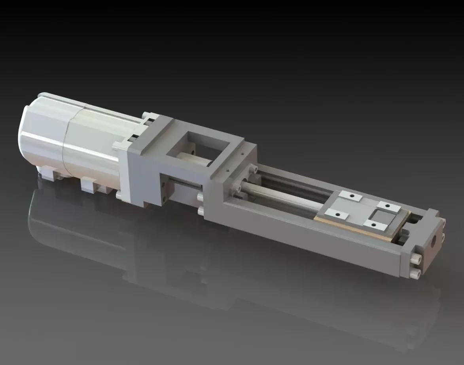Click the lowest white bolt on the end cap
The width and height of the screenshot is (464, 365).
coord(415,273)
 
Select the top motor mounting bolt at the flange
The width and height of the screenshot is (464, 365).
coord(148,115)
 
